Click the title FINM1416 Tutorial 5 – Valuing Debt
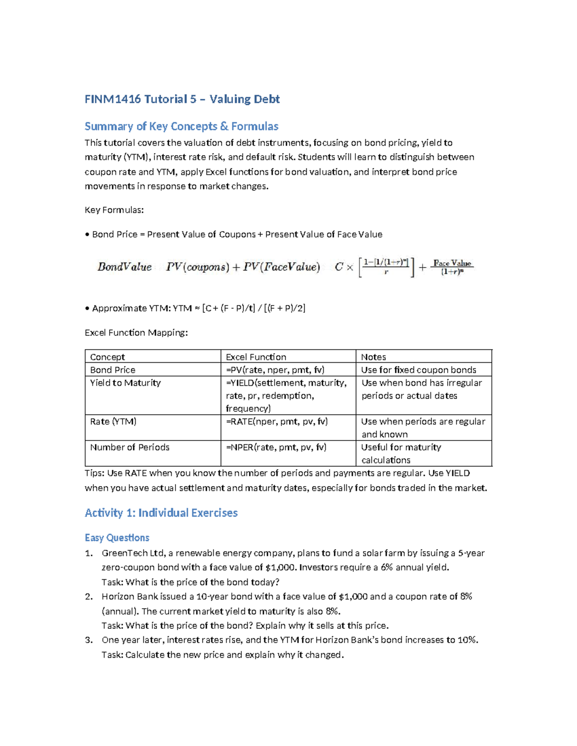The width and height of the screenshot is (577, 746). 182,99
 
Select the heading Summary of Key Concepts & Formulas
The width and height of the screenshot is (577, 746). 181,126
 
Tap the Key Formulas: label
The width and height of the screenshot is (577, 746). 114,210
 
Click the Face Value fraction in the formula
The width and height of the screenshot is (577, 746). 452,267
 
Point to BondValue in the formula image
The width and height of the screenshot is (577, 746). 124,267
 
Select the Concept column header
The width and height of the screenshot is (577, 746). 107,357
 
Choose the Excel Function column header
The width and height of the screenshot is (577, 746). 256,357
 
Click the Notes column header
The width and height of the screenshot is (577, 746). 374,357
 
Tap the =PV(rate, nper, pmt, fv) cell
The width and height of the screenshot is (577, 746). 275,370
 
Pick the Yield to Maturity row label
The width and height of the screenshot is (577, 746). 125,383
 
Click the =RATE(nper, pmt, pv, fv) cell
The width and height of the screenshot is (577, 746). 276,421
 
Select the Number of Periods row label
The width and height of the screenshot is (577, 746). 130,447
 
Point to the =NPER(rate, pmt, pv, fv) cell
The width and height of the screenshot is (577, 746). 276,447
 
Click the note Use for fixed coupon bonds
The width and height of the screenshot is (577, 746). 418,370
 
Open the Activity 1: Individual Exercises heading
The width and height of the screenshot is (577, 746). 161,513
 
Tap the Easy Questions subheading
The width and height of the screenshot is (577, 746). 117,538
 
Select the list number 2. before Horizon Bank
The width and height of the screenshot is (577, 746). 88,597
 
